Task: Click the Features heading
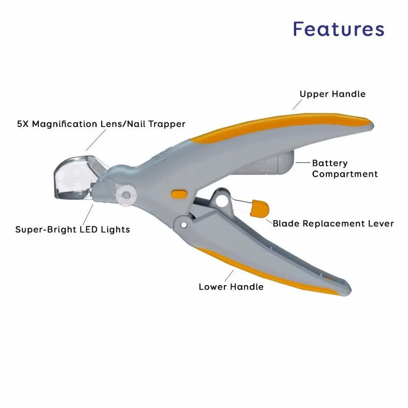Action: (x=339, y=29)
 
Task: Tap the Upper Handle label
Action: (x=332, y=94)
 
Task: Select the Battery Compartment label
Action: (x=345, y=168)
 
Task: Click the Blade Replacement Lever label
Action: (x=333, y=223)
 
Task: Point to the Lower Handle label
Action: (x=231, y=287)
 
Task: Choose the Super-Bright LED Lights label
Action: (x=72, y=229)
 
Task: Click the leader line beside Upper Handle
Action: (x=297, y=104)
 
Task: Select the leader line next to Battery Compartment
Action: (x=303, y=163)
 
